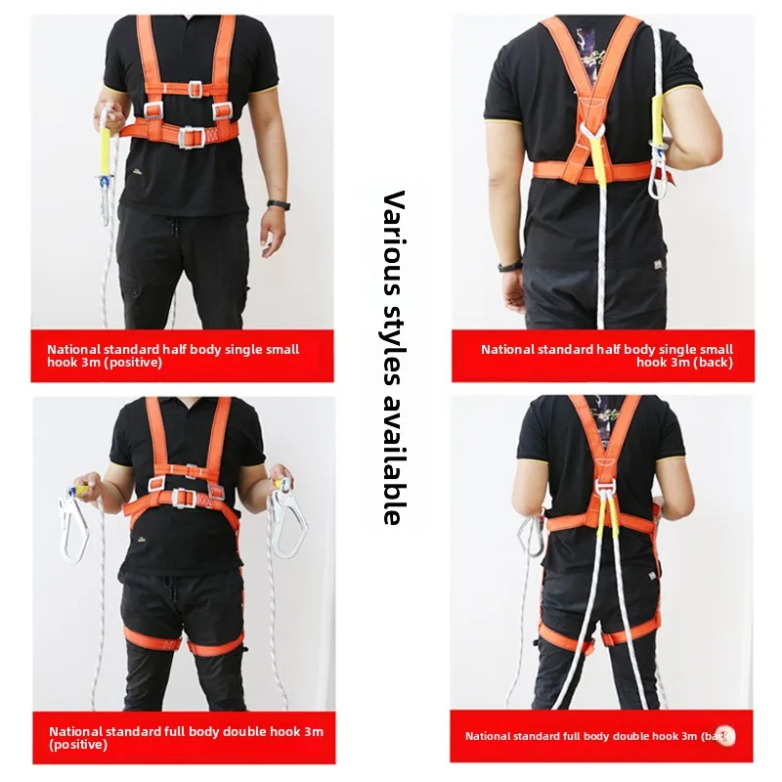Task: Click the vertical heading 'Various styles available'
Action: (393, 357)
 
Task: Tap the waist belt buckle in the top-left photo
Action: (191, 137)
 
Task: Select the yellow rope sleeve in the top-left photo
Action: (107, 149)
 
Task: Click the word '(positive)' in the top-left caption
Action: (133, 363)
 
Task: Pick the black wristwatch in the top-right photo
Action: (509, 267)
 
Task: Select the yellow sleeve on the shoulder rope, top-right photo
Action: (657, 116)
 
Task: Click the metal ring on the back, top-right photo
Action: (592, 131)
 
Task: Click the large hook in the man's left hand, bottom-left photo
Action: (288, 518)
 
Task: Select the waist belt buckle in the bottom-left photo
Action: (184, 499)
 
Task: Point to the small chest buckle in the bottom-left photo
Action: (192, 471)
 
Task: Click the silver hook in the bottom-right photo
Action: (530, 536)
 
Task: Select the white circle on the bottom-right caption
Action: (724, 735)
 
